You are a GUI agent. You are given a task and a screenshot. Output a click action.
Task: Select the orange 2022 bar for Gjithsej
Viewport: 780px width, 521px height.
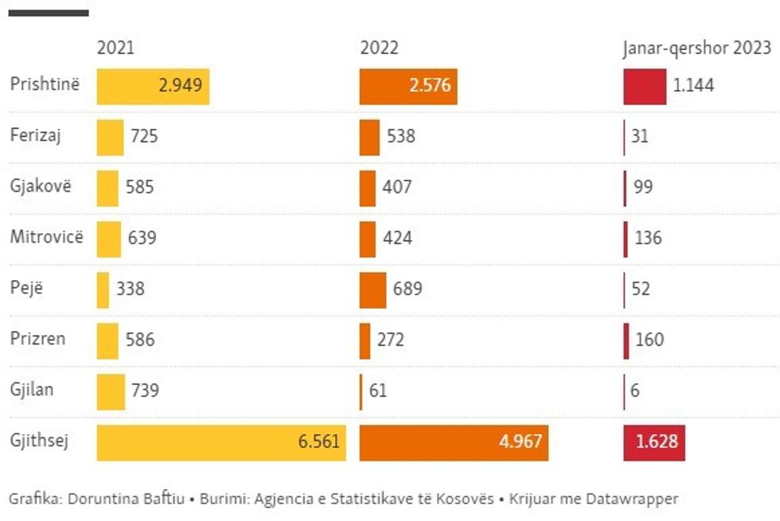[x=454, y=441]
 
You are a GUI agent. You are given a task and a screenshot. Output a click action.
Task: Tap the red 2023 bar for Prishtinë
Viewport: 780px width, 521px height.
[x=645, y=86]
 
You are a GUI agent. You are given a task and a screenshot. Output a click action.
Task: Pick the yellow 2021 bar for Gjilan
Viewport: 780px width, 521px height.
[x=111, y=391]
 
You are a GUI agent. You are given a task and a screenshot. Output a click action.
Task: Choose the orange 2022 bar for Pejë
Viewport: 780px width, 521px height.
[x=372, y=289]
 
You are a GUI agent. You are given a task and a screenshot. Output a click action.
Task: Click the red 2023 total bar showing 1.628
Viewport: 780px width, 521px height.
[x=653, y=441]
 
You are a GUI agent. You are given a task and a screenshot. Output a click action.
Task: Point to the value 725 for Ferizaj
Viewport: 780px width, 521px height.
[x=143, y=136]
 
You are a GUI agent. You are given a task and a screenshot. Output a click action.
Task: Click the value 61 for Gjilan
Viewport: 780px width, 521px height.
[x=377, y=391]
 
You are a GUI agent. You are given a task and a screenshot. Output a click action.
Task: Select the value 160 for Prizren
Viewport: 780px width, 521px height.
[x=649, y=340]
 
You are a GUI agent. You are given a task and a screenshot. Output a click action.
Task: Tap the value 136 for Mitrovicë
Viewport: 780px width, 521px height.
[x=649, y=238]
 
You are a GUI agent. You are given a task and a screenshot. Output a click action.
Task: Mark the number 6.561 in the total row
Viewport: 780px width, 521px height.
[x=319, y=441]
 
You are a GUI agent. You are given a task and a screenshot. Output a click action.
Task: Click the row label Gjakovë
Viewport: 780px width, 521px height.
[x=41, y=186]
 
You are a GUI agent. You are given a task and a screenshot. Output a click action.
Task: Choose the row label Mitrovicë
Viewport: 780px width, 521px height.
[x=46, y=237]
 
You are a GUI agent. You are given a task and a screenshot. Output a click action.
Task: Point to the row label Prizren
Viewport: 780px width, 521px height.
[x=37, y=339]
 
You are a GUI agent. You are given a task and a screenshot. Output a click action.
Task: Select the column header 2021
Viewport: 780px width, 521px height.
[x=115, y=49]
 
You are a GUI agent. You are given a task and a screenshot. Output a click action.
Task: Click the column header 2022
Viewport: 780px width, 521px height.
[x=379, y=49]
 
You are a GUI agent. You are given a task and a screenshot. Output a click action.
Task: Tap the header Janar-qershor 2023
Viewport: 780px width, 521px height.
[x=696, y=49]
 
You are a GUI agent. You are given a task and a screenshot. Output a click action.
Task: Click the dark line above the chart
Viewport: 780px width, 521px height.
[x=48, y=13]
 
